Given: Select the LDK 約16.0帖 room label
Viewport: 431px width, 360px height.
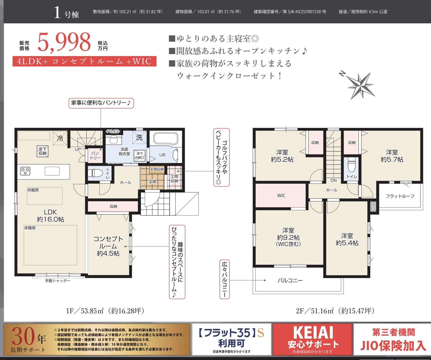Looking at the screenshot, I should coord(50,215).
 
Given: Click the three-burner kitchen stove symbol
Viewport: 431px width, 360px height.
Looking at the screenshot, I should coord(25,171).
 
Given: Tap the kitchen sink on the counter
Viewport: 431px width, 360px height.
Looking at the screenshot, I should coord(52,171).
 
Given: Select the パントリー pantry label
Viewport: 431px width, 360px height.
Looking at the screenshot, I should coord(95,155).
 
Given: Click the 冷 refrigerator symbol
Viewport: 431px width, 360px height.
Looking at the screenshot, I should coord(60,138).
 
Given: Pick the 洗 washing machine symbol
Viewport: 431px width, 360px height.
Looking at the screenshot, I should coord(139,137).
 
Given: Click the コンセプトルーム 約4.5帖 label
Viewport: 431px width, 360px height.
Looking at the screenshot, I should coord(108,246).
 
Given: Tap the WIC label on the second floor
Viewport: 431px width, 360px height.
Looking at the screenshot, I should coord(281,196).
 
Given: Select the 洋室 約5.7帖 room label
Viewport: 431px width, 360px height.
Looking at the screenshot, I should coord(392,156).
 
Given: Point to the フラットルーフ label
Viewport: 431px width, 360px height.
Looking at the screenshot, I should coord(400,196).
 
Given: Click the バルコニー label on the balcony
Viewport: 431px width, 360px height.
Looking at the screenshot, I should coord(290,281).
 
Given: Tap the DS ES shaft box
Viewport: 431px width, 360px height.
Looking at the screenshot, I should coord(373,206).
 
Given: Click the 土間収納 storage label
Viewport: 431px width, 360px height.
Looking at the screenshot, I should coord(174,179).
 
